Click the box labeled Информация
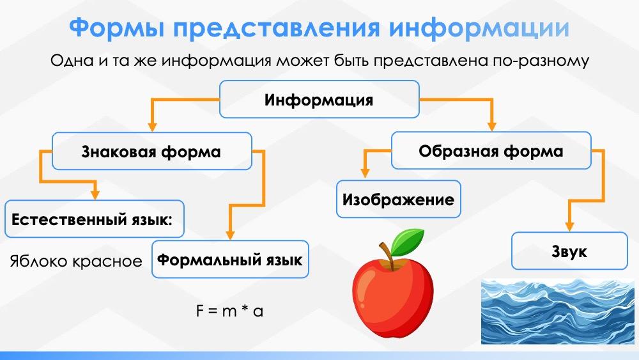(x=319, y=100)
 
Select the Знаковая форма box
(x=151, y=152)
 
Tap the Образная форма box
(x=491, y=151)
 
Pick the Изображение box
(x=398, y=200)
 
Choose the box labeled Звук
(x=569, y=251)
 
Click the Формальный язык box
(x=230, y=260)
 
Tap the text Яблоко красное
(x=75, y=261)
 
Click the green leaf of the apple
(x=408, y=240)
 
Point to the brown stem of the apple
(x=384, y=251)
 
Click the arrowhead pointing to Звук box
(x=569, y=226)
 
